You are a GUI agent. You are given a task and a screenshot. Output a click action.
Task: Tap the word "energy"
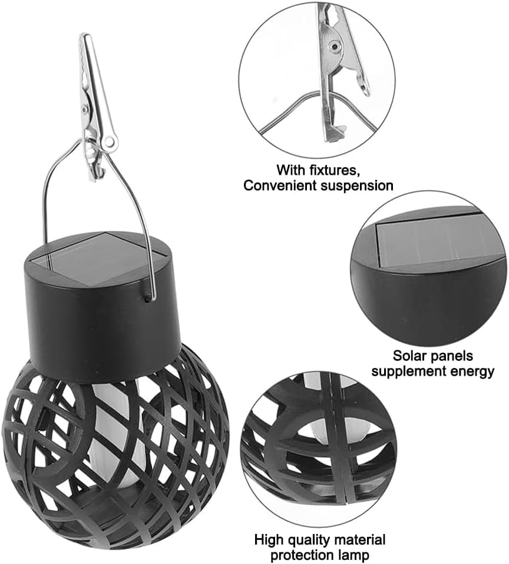pos(471,371)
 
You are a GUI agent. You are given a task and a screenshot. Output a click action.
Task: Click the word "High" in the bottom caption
pos(267,540)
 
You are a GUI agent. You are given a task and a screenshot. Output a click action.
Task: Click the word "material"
pos(359,540)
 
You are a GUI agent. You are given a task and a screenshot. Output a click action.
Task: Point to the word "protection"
pos(304,555)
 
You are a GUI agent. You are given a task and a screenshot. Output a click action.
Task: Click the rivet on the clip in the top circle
pos(335,47)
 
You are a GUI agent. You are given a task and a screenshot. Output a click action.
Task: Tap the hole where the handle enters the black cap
pos(147,298)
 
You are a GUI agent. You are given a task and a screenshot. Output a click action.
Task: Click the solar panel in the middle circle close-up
pos(437,244)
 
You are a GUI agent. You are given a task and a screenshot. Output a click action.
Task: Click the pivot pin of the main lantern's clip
pos(85,108)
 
